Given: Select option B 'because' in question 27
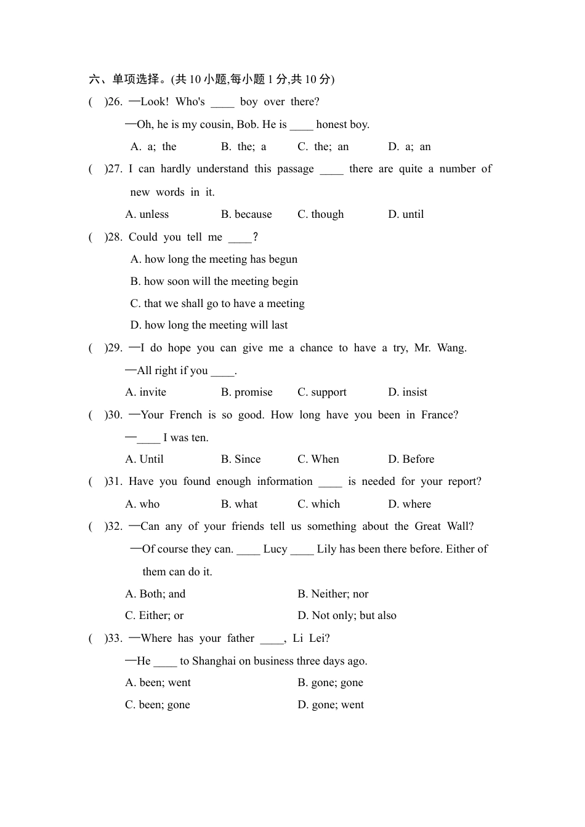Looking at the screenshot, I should point(246,214).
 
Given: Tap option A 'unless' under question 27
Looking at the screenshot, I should point(147,214).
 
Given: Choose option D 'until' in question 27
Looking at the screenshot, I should point(406,214).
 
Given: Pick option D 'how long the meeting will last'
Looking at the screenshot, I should point(209,325).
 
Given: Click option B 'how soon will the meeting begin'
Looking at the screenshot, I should point(214,281).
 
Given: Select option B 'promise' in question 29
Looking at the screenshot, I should point(246,392).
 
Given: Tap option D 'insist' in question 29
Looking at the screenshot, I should point(407,392).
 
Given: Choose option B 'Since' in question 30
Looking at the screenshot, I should point(241,459).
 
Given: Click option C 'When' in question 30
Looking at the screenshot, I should point(318,459).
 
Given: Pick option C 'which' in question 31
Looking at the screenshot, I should point(318,504).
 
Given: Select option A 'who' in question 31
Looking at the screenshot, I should point(142,504).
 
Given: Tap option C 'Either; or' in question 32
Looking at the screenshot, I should point(154,615).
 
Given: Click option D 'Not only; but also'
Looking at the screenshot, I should point(347,615).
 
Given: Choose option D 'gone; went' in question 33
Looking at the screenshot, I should point(331,705).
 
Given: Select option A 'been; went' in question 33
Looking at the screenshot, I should point(158,682).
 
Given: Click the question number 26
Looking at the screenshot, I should point(115,102).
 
